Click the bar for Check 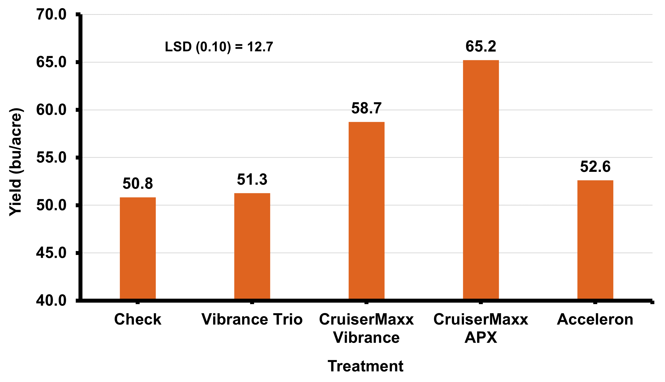click(x=138, y=248)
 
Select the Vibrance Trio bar click(x=252, y=246)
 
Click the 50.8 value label click(x=138, y=183)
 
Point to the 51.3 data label click(x=252, y=180)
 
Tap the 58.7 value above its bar click(x=366, y=108)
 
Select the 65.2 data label click(x=481, y=46)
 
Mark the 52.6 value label click(x=595, y=167)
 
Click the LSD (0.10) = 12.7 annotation click(x=219, y=47)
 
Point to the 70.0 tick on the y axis click(x=51, y=15)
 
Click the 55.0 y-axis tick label click(x=51, y=158)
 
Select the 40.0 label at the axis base click(x=51, y=300)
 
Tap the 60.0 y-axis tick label click(x=51, y=110)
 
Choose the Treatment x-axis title click(x=365, y=366)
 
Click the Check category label click(x=138, y=319)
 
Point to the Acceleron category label click(x=595, y=319)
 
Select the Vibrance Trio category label click(x=252, y=319)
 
